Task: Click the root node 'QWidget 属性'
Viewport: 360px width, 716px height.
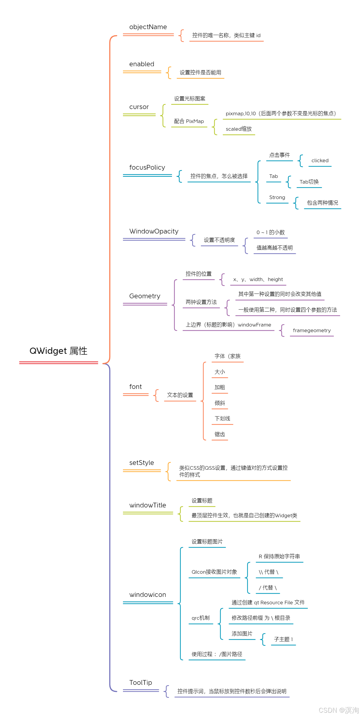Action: coord(58,351)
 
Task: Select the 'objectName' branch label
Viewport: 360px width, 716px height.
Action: coord(148,27)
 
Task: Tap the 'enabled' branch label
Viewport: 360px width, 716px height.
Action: coord(142,64)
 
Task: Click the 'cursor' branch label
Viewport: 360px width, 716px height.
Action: coord(139,107)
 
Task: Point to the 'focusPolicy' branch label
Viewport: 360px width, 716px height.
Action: coord(147,168)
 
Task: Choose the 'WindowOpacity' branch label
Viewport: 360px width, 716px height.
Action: coord(154,231)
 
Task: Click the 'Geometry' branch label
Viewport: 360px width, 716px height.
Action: coord(145,296)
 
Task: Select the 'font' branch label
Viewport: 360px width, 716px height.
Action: coord(135,387)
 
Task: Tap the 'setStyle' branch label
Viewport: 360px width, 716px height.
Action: coord(141,463)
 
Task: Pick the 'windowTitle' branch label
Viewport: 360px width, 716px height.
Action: coord(148,505)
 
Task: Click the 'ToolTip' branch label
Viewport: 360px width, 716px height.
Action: coord(140,683)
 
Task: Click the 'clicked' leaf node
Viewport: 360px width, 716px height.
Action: coord(320,161)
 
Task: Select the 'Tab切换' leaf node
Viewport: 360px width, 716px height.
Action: coord(309,182)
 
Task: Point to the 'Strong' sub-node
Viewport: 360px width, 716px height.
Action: coord(277,198)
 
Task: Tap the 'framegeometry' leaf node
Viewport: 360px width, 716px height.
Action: coord(312,331)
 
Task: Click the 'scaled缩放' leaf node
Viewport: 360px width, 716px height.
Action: coord(239,129)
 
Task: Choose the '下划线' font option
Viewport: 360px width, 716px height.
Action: coord(222,419)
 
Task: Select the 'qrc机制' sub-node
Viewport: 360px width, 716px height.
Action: coord(200,618)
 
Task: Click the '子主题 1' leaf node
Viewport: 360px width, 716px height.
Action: coord(283,639)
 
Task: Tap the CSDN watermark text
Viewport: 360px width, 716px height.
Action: coord(338,710)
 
